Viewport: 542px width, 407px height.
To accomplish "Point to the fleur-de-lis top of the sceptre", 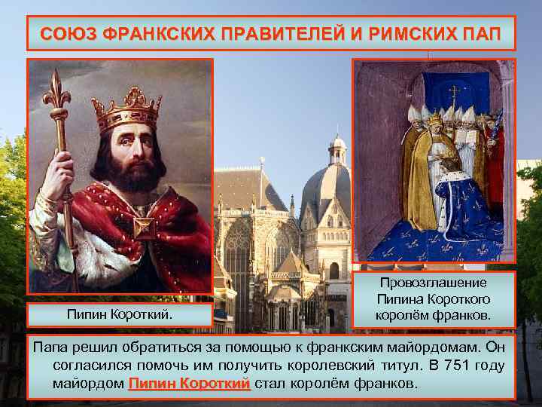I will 55,94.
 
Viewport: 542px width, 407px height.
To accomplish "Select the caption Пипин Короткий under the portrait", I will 120,312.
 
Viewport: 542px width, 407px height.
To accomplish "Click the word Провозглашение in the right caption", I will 434,283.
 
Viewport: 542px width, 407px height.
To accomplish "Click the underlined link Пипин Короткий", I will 189,384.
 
